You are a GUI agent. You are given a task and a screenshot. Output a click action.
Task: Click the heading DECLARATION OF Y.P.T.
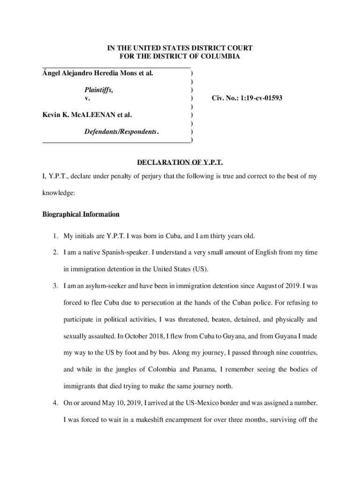coord(180,163)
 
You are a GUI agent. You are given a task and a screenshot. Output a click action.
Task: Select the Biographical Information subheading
coord(81,214)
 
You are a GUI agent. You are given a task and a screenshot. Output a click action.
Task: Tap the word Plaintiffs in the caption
coord(99,90)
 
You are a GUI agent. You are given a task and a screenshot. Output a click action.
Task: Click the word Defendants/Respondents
coord(120,132)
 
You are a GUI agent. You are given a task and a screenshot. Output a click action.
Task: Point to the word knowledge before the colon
coord(59,192)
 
